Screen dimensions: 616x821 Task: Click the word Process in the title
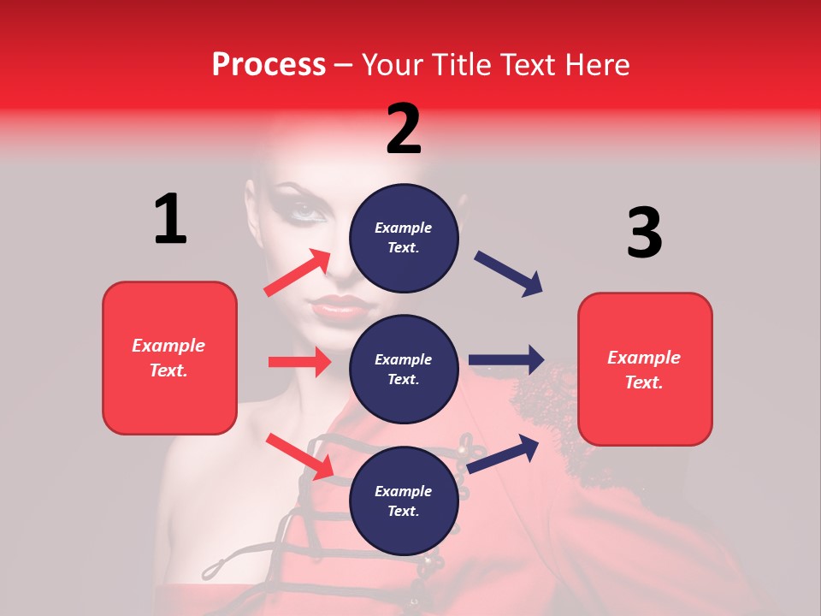(x=269, y=65)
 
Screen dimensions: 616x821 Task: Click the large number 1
(x=170, y=219)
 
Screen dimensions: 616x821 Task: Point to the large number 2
(x=404, y=129)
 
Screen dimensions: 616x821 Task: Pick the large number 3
(x=644, y=232)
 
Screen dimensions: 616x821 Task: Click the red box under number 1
(x=169, y=358)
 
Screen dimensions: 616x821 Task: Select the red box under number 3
(x=645, y=369)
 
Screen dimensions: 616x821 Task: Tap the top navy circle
(x=404, y=237)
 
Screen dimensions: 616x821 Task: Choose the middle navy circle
(x=404, y=369)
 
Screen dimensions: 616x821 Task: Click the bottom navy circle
(x=404, y=500)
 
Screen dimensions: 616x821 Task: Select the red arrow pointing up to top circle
(x=298, y=273)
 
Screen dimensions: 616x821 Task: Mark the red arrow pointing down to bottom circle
(x=299, y=455)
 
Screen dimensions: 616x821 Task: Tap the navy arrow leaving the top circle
(x=509, y=273)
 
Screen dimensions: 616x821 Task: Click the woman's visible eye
(x=304, y=210)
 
